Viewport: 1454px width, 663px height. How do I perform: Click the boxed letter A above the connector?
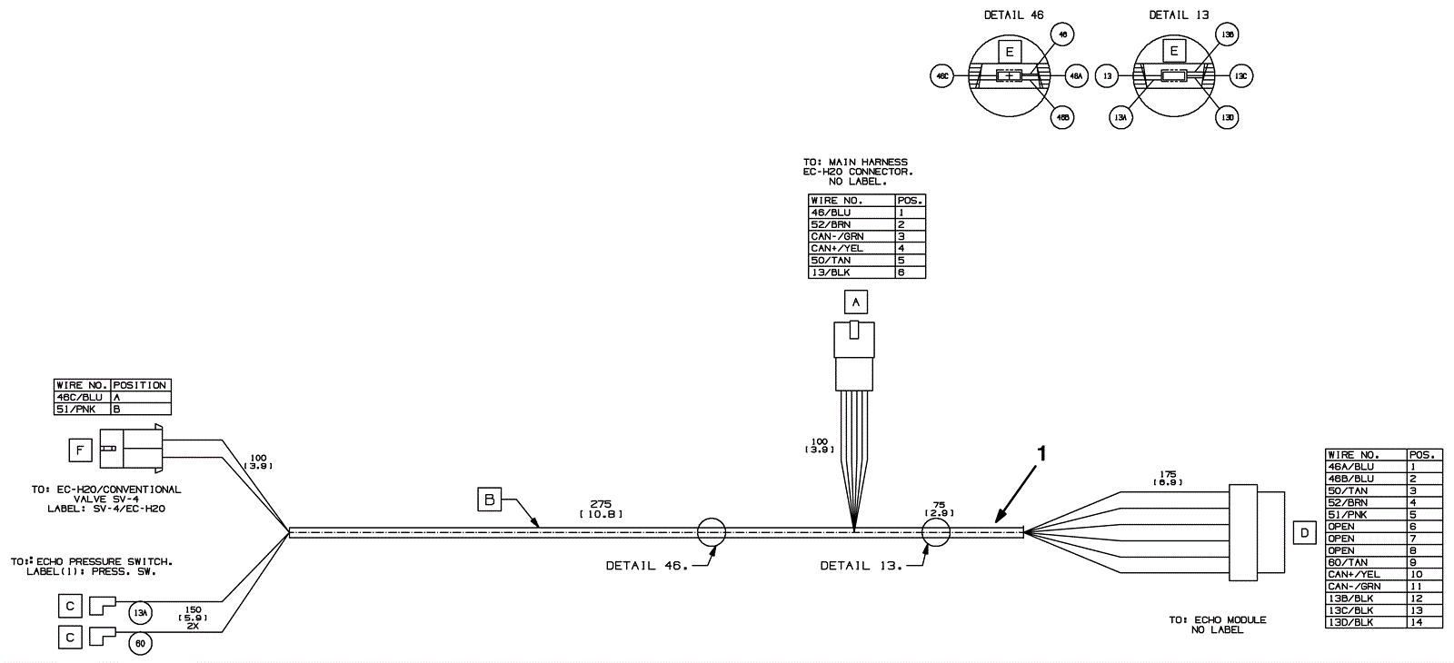coord(855,302)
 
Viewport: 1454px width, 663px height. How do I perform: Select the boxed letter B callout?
coord(489,500)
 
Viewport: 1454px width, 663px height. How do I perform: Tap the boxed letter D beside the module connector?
coord(1305,532)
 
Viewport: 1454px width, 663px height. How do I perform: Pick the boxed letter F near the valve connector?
coord(81,449)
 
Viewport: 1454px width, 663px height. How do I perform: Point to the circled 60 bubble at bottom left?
coord(139,644)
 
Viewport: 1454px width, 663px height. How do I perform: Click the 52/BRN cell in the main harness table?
coord(851,224)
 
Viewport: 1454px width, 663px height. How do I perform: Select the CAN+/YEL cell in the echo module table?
coord(1366,574)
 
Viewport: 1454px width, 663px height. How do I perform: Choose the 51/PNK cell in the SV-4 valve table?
coord(82,410)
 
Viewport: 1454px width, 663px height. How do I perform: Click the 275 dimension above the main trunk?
coord(600,503)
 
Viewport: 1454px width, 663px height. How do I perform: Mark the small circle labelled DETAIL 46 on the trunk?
coord(712,533)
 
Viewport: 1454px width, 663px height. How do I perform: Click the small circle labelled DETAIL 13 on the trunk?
coord(935,533)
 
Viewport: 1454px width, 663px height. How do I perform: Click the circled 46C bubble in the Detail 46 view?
coord(942,77)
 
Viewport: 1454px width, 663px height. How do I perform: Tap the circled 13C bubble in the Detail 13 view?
coord(1241,77)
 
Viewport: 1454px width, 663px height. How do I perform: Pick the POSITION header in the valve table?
coord(140,385)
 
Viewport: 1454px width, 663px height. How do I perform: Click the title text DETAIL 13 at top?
coord(1179,15)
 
